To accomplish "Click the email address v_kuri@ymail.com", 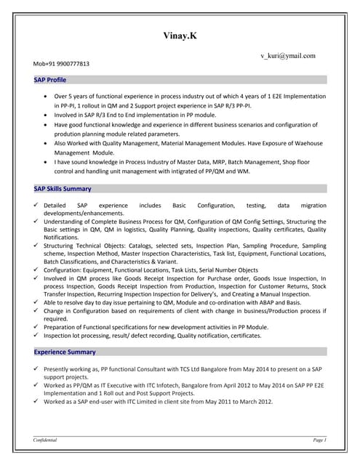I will [x=287, y=55].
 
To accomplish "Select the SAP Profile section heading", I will [x=50, y=80].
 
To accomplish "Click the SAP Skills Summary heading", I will [x=63, y=189].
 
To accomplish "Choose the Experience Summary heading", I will [x=65, y=352].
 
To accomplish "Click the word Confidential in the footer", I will [x=45, y=440].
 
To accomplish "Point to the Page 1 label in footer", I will [x=319, y=440].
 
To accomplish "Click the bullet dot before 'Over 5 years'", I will [x=47, y=96].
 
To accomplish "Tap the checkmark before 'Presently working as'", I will [x=37, y=369].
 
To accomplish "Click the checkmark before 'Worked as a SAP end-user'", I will [x=37, y=401].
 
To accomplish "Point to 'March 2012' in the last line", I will [x=255, y=402].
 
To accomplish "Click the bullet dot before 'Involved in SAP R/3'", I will [x=47, y=115].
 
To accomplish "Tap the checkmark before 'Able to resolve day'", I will [x=37, y=302].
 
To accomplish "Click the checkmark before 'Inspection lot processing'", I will [x=37, y=336].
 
